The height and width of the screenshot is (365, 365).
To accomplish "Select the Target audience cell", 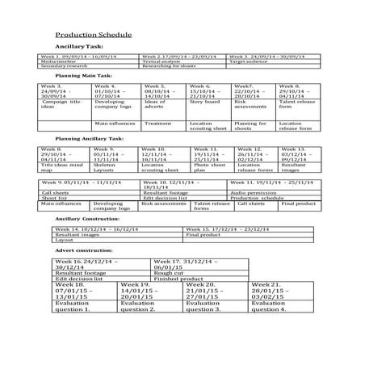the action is coord(250,61).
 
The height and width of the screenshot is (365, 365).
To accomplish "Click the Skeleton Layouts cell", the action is coord(105,168).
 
